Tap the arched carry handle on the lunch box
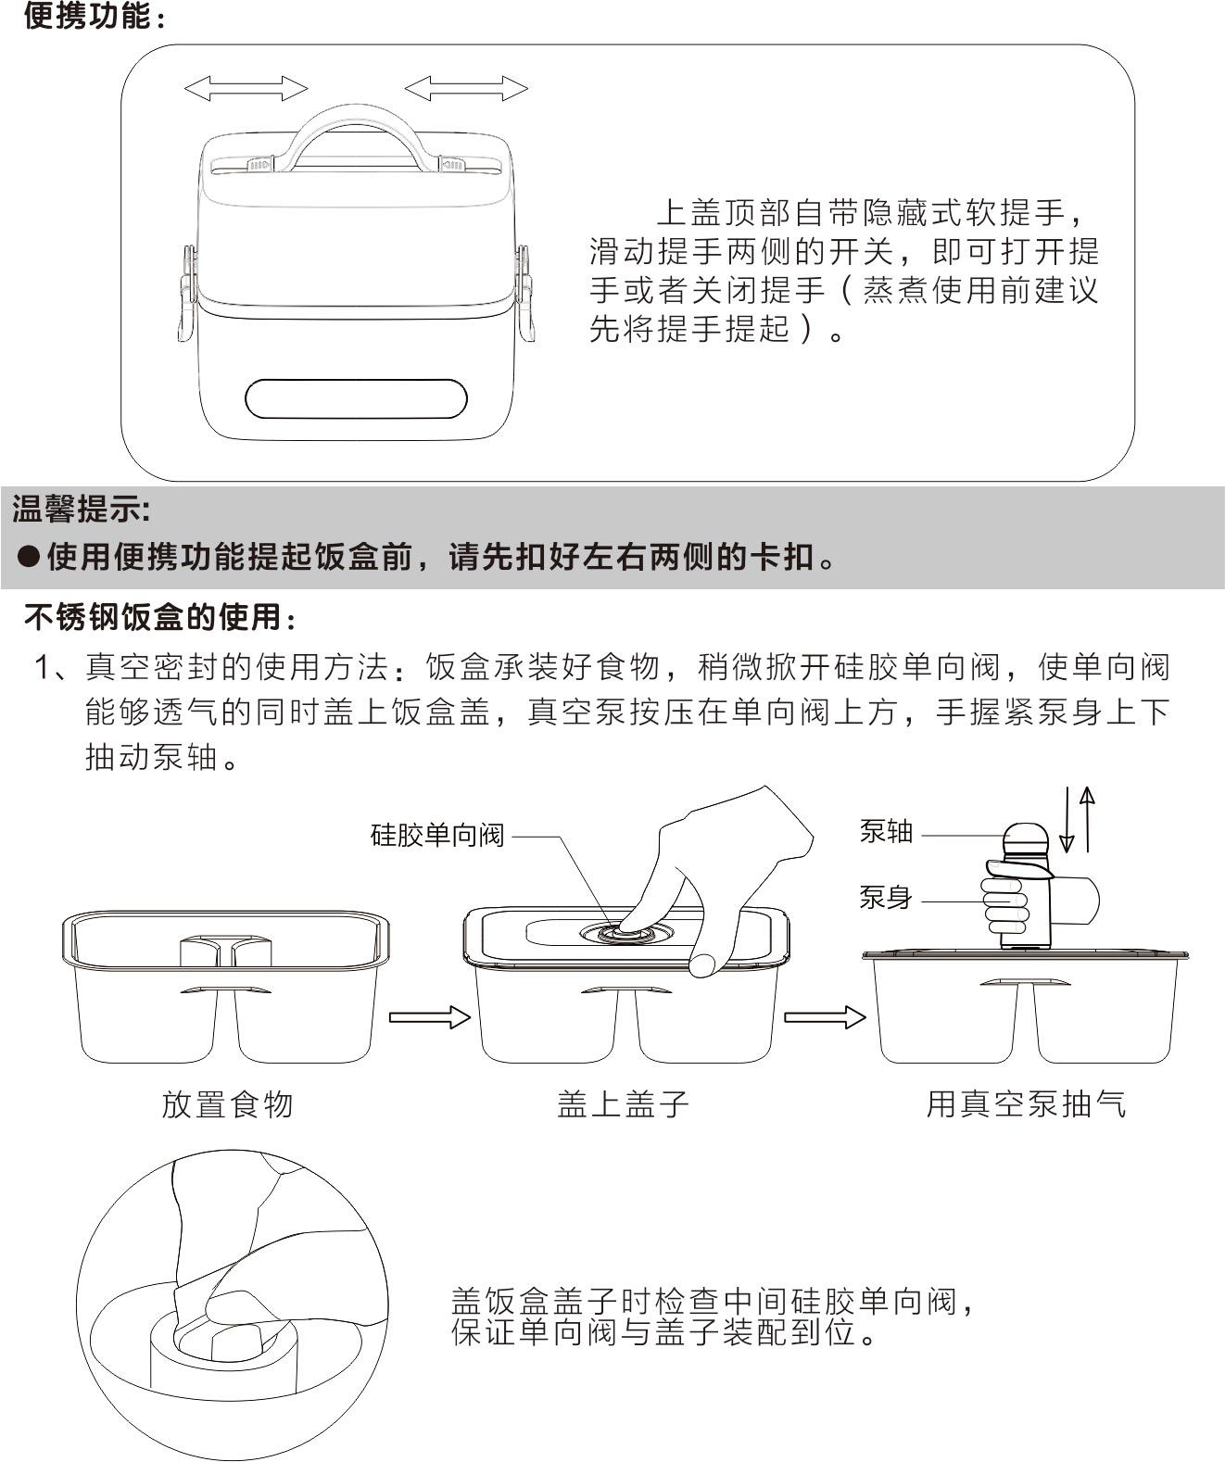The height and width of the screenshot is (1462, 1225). [x=358, y=112]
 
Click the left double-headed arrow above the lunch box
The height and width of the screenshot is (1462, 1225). [x=246, y=89]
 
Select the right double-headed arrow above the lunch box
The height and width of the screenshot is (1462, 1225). [x=466, y=89]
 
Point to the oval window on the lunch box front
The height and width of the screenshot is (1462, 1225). [x=356, y=399]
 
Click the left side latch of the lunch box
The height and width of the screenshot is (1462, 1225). [x=187, y=293]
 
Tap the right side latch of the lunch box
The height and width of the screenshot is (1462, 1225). [x=525, y=293]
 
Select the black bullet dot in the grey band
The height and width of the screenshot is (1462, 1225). [x=28, y=558]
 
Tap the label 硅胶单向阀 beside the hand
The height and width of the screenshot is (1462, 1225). [x=437, y=836]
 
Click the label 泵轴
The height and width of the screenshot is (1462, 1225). [x=886, y=831]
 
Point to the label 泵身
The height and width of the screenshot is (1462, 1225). [x=886, y=897]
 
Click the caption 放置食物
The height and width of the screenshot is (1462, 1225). [x=227, y=1105]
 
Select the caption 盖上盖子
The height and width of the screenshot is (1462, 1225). [x=623, y=1104]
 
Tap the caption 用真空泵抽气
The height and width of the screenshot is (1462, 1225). [x=1026, y=1104]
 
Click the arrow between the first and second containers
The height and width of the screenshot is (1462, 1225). [x=429, y=1017]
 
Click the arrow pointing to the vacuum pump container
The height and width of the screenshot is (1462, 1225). [x=825, y=1017]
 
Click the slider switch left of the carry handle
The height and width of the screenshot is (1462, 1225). [x=258, y=165]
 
